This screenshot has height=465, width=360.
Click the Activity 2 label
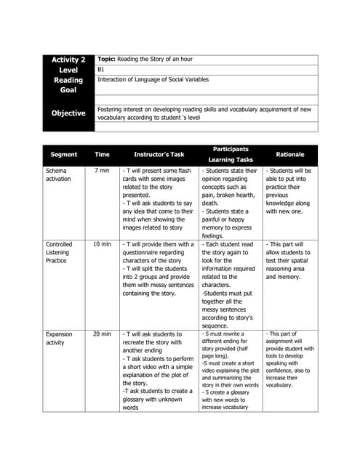pyautogui.click(x=68, y=60)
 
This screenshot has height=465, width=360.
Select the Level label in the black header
pyautogui.click(x=68, y=70)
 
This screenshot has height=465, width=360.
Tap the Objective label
pyautogui.click(x=68, y=113)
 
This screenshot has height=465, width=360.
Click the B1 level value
pyautogui.click(x=101, y=70)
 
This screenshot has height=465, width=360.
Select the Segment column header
pyautogui.click(x=64, y=154)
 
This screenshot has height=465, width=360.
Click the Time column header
pyautogui.click(x=102, y=154)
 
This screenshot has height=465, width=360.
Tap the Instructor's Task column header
pyautogui.click(x=159, y=154)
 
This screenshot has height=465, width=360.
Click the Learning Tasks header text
pyautogui.click(x=231, y=159)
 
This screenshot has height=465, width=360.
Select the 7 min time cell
pyautogui.click(x=102, y=170)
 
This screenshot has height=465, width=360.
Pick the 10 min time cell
pyautogui.click(x=102, y=245)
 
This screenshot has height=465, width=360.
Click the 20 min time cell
pyautogui.click(x=102, y=334)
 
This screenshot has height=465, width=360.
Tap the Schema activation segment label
pyautogui.click(x=59, y=174)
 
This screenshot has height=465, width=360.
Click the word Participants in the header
pyautogui.click(x=231, y=148)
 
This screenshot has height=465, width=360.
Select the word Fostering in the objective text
pyautogui.click(x=112, y=109)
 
